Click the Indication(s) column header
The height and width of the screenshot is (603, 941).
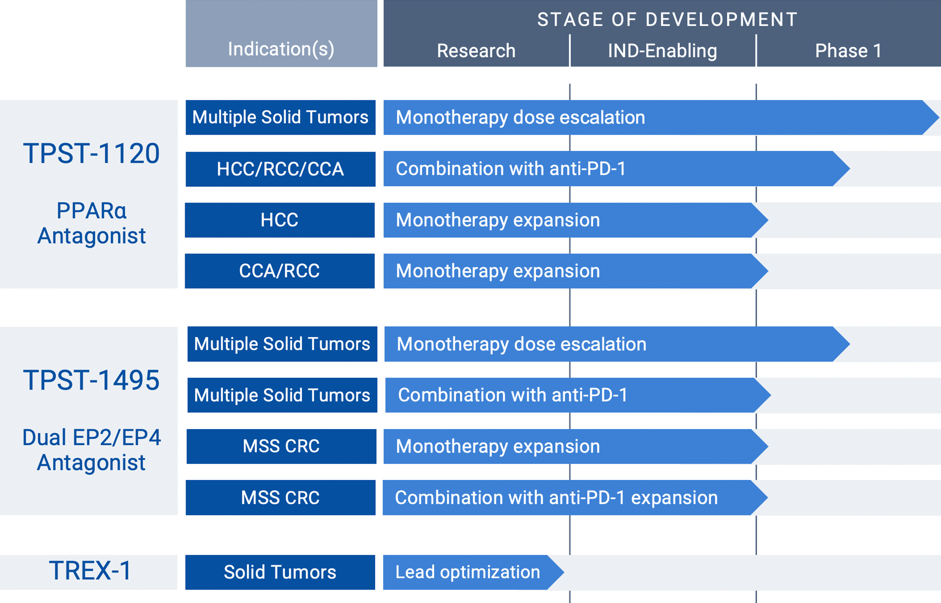pos(281,49)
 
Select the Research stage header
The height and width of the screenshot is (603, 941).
pos(476,51)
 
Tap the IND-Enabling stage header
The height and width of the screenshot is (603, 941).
pos(663,51)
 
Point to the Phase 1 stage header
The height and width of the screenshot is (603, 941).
pos(848,51)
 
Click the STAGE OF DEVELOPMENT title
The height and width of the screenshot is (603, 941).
pos(667,20)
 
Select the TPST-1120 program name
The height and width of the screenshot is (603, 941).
pos(91,153)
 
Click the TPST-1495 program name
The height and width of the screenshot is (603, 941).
pos(91,380)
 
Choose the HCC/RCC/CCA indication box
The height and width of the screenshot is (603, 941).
pos(280,169)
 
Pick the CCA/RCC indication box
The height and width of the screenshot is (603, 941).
pos(280,271)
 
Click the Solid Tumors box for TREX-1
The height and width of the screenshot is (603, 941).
pos(280,572)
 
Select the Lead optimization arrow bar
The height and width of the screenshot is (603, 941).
pos(473,572)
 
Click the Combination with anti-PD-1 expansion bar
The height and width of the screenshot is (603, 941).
pos(575,498)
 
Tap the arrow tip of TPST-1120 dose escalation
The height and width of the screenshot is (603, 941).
pos(939,117)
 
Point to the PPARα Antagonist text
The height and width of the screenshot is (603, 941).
pos(91,223)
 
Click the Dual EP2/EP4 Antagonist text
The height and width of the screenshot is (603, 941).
pos(91,450)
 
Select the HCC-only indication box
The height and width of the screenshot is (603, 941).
pos(280,220)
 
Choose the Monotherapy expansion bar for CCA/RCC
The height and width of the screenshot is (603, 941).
pos(576,271)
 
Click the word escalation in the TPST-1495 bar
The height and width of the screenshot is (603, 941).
pos(603,344)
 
